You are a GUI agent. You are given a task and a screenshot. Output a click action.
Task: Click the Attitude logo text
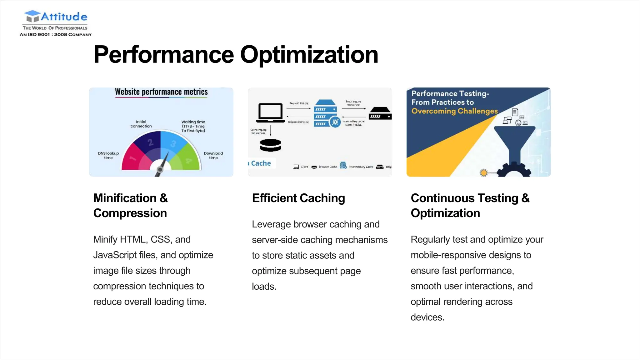point(64,17)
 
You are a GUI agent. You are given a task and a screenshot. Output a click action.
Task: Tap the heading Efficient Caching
point(298,198)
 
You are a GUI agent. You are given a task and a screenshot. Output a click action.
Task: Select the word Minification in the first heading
point(125,198)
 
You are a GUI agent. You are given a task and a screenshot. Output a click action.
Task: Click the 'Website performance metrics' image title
point(161,92)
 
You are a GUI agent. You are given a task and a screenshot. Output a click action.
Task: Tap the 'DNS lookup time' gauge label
point(108,155)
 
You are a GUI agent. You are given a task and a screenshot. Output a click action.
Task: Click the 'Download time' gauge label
point(213,155)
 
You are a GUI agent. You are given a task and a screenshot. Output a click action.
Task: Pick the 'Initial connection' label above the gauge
point(141,124)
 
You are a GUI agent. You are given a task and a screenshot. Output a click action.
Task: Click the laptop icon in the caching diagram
point(270,113)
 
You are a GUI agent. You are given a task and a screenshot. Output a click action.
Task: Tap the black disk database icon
point(270,145)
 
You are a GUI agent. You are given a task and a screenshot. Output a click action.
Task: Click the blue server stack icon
point(325,113)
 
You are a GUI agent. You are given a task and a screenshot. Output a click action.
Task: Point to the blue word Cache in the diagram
point(261,163)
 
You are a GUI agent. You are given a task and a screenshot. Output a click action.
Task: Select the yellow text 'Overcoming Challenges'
point(454,111)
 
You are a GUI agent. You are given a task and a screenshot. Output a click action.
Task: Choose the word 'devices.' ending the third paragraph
point(427,317)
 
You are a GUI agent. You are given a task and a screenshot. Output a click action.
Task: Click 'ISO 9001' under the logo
point(39,35)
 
